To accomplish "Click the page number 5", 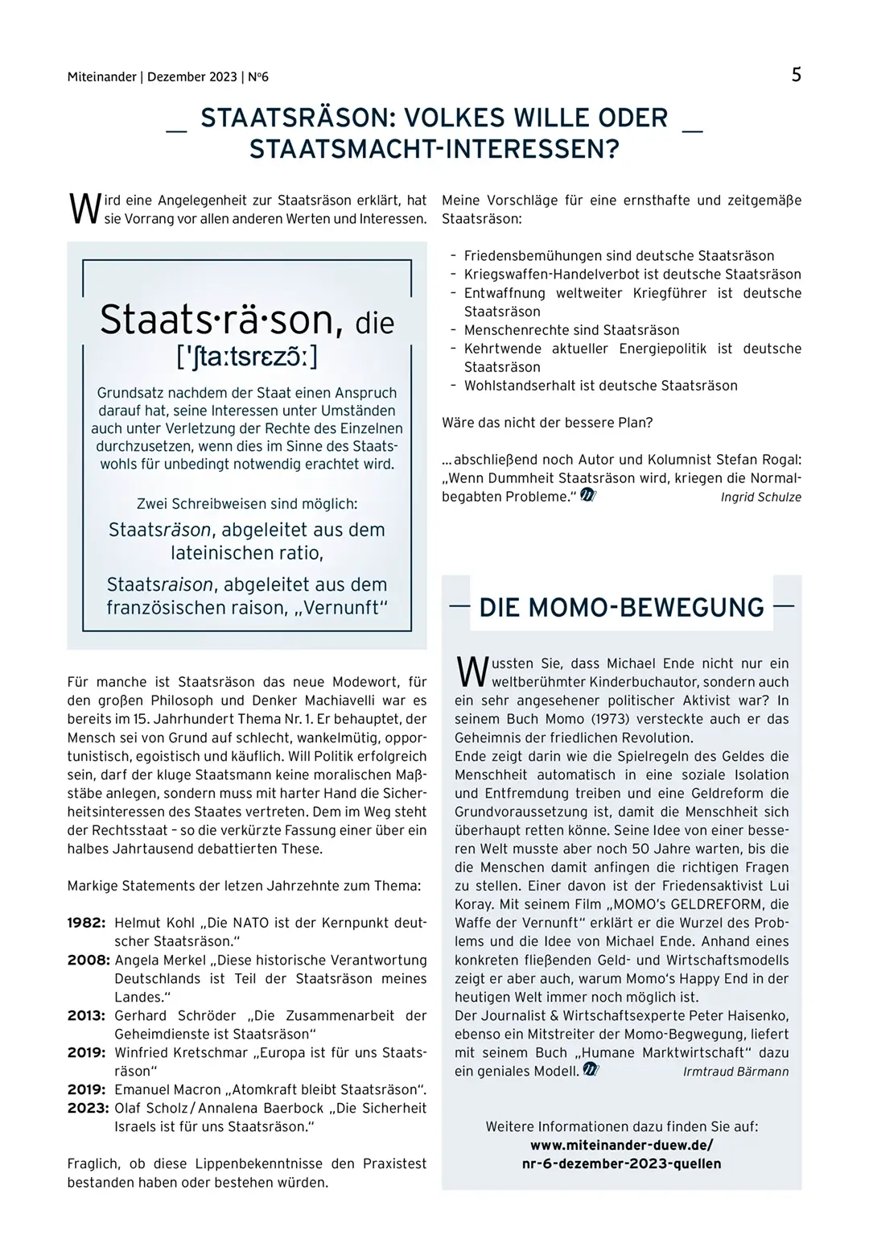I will (x=796, y=75).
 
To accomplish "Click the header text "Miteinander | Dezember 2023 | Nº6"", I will (x=168, y=77).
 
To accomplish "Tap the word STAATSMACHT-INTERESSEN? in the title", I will (x=434, y=150).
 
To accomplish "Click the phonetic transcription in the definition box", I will (x=247, y=356).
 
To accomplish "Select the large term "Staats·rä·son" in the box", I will (x=216, y=320).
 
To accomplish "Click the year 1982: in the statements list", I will (x=86, y=923).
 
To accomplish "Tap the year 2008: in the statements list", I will (x=88, y=960).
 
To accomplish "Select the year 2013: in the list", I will (x=86, y=1015).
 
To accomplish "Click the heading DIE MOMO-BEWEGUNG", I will (x=621, y=607).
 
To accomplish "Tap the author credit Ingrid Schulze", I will (x=760, y=497).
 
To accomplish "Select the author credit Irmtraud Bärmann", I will (x=735, y=1072).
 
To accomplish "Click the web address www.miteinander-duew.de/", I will (x=621, y=1145).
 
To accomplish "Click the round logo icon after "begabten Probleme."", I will (x=588, y=496).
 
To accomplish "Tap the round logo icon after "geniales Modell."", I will (x=591, y=1070).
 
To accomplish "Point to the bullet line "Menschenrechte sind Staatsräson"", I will (x=571, y=330).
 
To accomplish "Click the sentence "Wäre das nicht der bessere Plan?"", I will (x=547, y=423).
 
